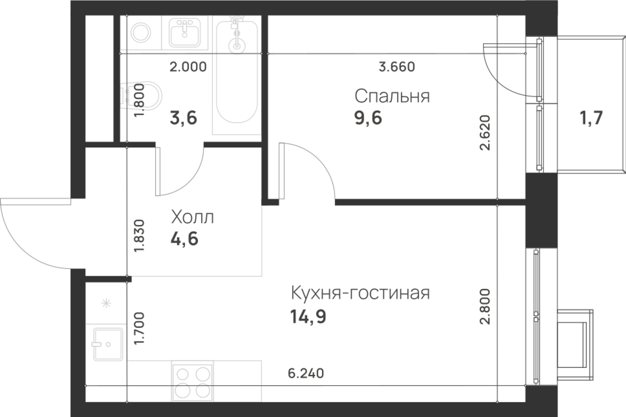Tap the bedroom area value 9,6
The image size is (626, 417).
point(368,119)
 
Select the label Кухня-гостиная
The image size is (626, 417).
point(360,293)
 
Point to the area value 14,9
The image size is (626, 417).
point(308,317)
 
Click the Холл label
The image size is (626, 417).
point(192,218)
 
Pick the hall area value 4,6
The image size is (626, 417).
point(185,240)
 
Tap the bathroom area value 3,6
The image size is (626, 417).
point(183,119)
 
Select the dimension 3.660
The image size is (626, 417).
point(397,67)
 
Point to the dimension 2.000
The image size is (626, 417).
point(188,67)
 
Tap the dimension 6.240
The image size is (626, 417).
point(306,373)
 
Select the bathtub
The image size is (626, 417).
point(237,75)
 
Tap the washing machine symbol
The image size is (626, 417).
point(141,33)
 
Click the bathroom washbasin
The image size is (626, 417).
point(185,33)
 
